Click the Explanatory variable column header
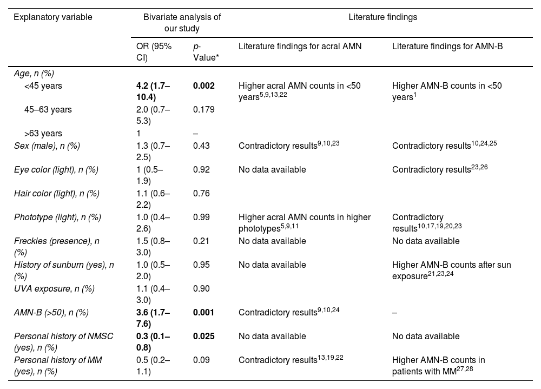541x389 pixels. click(x=52, y=17)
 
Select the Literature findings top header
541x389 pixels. click(x=382, y=17)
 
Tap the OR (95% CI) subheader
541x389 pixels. click(x=154, y=51)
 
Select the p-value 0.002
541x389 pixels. click(x=204, y=86)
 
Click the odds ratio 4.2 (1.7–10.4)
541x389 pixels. click(x=154, y=91)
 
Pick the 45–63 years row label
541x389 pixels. click(x=48, y=110)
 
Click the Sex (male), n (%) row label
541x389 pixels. click(x=48, y=146)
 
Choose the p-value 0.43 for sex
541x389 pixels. click(x=201, y=146)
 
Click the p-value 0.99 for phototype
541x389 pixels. click(x=201, y=217)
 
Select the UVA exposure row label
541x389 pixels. click(x=54, y=288)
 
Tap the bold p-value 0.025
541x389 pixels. click(x=204, y=336)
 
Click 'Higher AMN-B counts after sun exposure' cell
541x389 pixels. click(x=451, y=270)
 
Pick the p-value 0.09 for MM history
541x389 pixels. click(x=201, y=360)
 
